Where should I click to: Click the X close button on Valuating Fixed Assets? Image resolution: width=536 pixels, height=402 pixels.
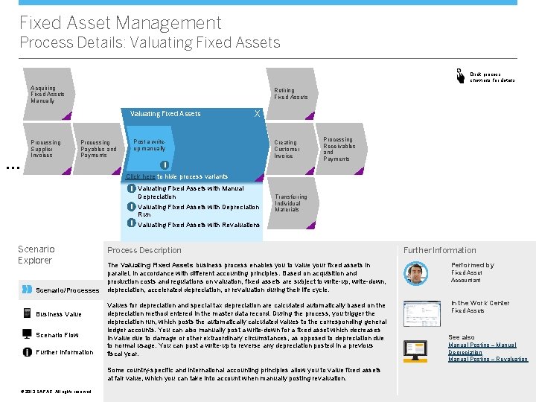coord(257,113)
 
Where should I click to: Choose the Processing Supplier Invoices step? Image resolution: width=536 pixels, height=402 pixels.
coord(45,149)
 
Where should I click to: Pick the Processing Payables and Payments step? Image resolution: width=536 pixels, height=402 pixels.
coord(98,149)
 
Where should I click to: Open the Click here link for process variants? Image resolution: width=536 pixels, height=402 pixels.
coord(141,177)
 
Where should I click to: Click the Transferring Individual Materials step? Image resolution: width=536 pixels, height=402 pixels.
coord(290,203)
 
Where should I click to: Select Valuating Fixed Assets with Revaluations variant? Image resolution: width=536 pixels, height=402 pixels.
coord(199,225)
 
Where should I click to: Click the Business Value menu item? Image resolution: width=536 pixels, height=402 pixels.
coord(59,314)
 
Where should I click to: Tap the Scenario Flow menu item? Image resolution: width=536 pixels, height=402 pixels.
coord(57,335)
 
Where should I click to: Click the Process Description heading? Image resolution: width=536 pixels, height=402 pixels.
coord(144,250)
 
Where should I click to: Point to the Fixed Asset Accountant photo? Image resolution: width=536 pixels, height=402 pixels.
coord(416,273)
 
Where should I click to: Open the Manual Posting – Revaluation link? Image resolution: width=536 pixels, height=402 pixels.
coord(488,360)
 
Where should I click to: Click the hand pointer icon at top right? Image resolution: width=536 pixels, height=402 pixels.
coord(459,75)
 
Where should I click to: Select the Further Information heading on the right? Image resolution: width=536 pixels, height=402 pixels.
coord(439,250)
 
